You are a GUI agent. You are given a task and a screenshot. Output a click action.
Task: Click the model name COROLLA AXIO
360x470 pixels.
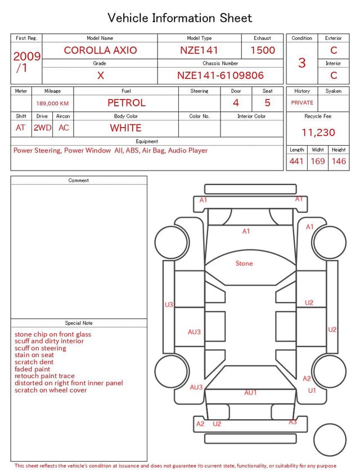click(x=100, y=50)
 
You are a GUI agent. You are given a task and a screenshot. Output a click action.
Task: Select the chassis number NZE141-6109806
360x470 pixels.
click(x=220, y=75)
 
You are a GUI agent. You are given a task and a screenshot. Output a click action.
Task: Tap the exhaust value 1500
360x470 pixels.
click(x=263, y=50)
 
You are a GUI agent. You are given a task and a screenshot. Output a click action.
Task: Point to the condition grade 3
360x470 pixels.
click(x=302, y=63)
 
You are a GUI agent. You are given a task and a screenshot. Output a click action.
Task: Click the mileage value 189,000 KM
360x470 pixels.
click(x=52, y=104)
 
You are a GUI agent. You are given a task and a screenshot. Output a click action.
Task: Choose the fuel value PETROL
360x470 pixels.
click(x=127, y=103)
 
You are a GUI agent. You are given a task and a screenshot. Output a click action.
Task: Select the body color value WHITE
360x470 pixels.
click(x=125, y=128)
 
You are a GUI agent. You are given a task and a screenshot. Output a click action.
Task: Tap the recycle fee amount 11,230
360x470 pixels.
click(x=318, y=132)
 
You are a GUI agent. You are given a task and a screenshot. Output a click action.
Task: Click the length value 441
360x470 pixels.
click(x=296, y=161)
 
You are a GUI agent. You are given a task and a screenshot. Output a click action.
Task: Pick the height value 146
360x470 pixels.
click(x=339, y=161)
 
